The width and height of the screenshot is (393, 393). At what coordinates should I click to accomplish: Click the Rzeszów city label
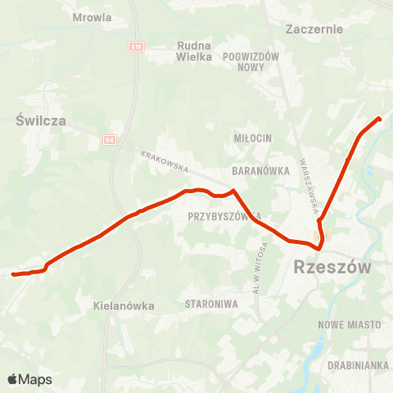[x=332, y=268]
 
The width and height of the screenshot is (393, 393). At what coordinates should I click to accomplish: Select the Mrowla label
[x=92, y=16]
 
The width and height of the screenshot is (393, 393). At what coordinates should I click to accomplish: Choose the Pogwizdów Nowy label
[x=252, y=61]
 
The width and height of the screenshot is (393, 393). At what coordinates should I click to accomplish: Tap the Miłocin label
[x=251, y=138]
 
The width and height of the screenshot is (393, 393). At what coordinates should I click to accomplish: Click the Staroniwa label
[x=211, y=304]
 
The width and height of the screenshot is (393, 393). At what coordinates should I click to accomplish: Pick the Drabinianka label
[x=357, y=364]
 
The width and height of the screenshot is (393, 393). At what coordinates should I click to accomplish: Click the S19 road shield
[x=135, y=47]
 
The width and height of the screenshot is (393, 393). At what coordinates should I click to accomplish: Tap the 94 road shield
[x=110, y=140]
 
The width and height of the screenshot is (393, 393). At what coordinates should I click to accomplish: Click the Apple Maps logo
[x=29, y=379]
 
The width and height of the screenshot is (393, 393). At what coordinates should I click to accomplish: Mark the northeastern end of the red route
[x=379, y=120]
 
